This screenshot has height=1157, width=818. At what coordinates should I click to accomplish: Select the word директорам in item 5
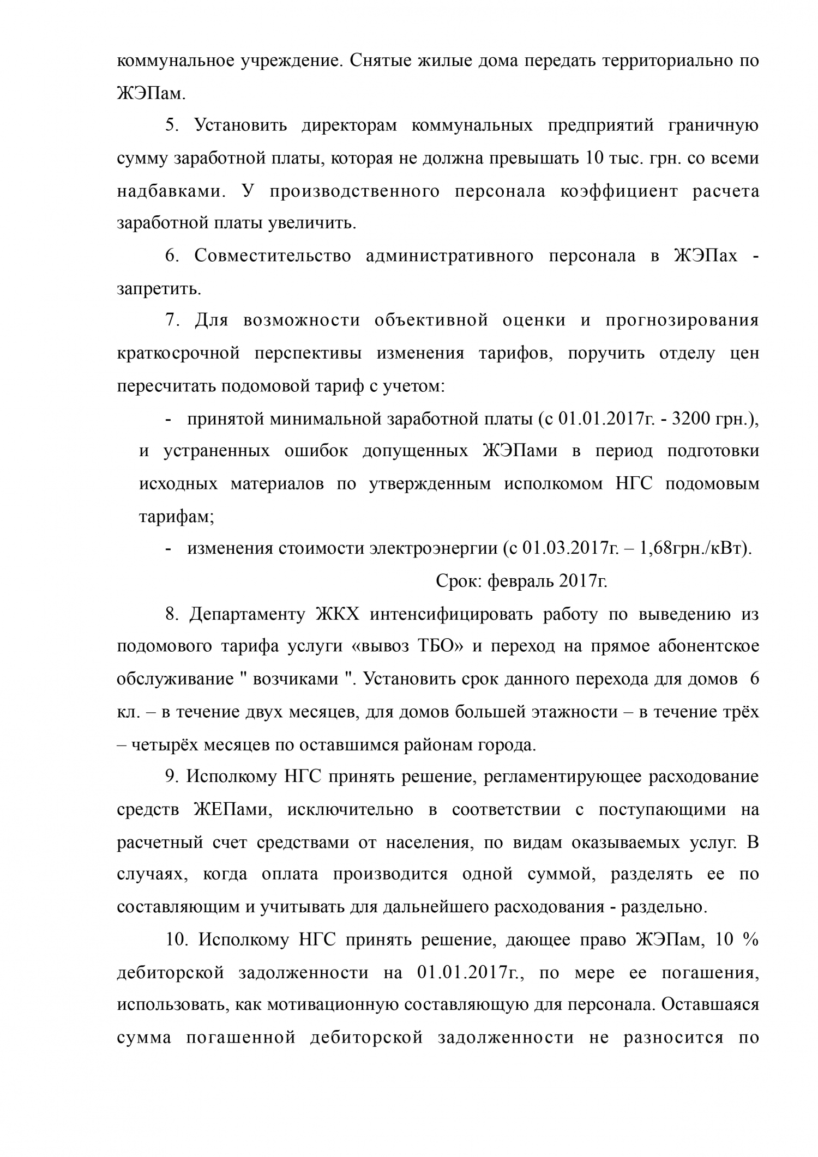point(348,126)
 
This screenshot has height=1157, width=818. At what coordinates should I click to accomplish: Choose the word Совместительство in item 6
point(272,256)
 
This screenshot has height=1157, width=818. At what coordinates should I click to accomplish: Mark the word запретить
point(159,289)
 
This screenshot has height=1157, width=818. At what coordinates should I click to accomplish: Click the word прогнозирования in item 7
point(682,320)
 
